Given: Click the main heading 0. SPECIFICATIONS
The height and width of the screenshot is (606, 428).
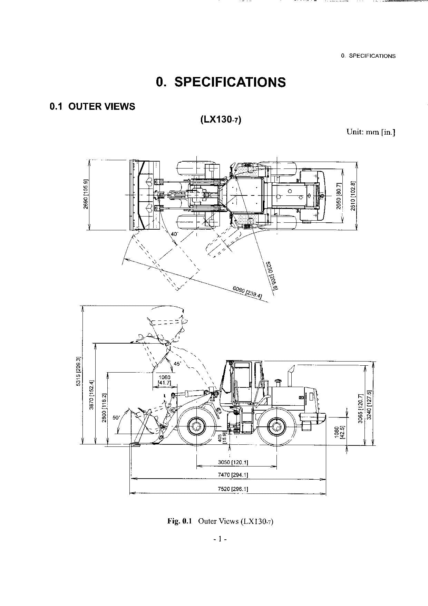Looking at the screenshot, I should tap(221, 82).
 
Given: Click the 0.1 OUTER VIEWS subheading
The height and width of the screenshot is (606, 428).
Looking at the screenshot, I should tap(92, 106).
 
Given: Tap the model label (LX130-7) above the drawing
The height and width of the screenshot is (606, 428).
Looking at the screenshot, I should tap(221, 119).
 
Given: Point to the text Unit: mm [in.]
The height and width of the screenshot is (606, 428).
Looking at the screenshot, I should tap(371, 132).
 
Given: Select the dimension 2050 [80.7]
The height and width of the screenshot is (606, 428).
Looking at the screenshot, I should tap(339, 196).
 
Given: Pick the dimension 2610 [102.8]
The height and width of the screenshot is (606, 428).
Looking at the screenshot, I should tap(352, 196).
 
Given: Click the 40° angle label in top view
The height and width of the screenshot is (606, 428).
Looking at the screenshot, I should tap(175, 234).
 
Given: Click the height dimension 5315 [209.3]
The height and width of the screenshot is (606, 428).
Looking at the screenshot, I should tap(78, 371).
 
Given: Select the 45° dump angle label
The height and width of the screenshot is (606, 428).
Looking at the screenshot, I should tap(177, 364).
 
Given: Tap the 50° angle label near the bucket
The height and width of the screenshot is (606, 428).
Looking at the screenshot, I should tap(116, 417).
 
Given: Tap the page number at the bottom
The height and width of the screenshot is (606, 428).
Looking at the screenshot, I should tap(220, 538).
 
